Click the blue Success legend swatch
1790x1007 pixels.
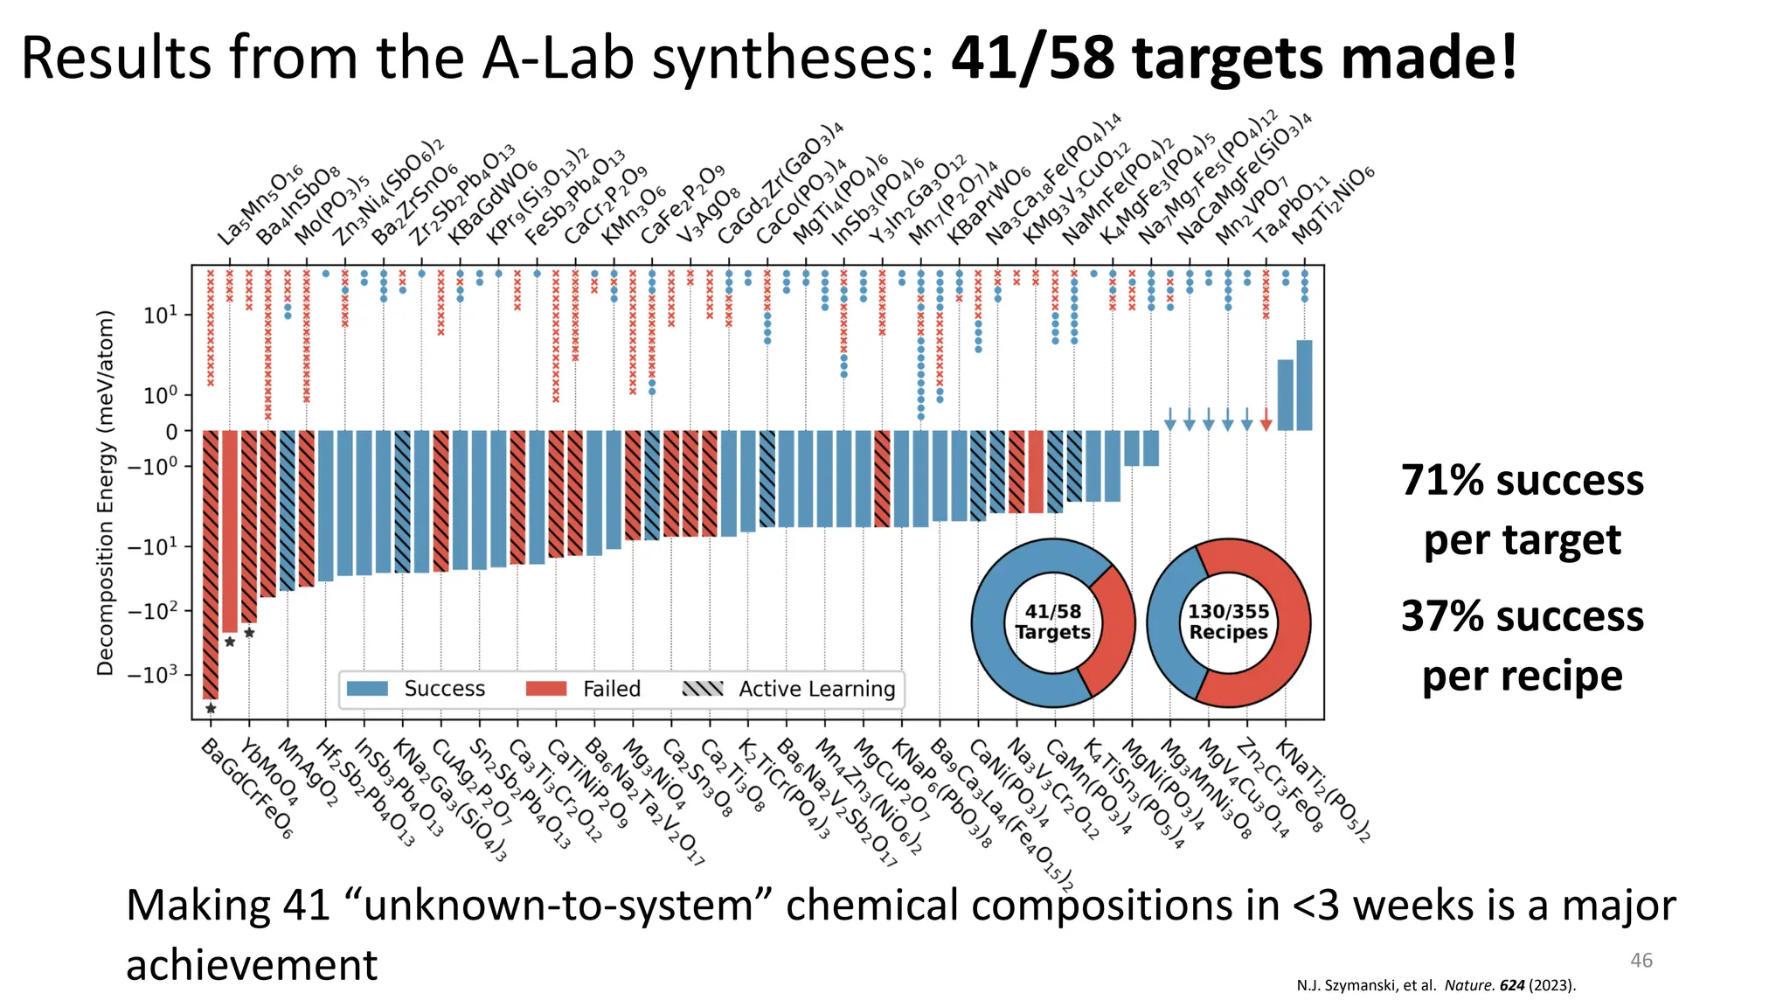click(x=367, y=689)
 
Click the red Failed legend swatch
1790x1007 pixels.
click(x=546, y=689)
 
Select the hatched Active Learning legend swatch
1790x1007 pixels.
click(x=702, y=689)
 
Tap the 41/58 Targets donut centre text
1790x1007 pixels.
click(x=1052, y=622)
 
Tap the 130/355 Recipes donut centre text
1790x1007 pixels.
click(x=1228, y=622)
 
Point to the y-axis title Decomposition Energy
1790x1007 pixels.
click(x=106, y=492)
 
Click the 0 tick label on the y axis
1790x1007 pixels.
click(x=171, y=432)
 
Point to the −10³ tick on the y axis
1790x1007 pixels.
click(x=152, y=675)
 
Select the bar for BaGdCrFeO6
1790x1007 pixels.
click(x=211, y=564)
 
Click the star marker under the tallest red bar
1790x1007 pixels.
click(x=211, y=709)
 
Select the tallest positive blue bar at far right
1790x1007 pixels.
click(x=1304, y=385)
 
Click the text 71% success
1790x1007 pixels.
click(x=1522, y=481)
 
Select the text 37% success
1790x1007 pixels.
click(x=1522, y=616)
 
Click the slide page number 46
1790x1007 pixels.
click(x=1641, y=961)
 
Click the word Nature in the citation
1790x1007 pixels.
click(x=1467, y=986)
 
